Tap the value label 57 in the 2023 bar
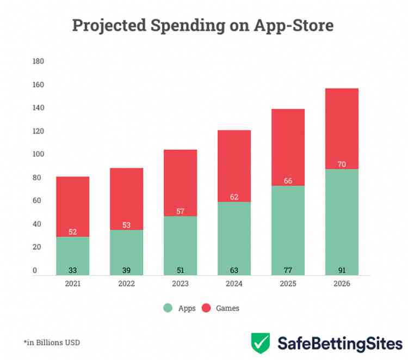click(180, 211)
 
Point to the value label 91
click(342, 270)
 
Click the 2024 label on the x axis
click(234, 284)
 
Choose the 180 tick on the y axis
click(38, 62)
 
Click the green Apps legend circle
click(168, 308)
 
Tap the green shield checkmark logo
click(261, 343)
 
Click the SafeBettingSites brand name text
click(340, 343)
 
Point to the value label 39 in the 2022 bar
click(126, 270)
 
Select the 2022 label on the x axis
click(126, 284)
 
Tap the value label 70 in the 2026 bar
click(342, 164)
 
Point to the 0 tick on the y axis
click(35, 271)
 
